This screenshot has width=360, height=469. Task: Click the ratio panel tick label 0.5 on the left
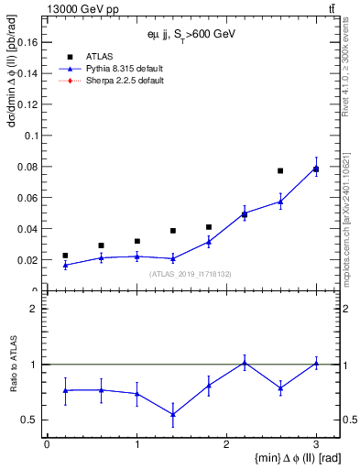tap(29, 420)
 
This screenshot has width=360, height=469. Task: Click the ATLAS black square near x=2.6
tap(280, 170)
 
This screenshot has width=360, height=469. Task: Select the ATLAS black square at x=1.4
tap(172, 231)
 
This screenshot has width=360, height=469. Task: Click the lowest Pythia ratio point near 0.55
tap(172, 414)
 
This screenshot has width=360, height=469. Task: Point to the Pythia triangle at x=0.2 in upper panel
tap(65, 265)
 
